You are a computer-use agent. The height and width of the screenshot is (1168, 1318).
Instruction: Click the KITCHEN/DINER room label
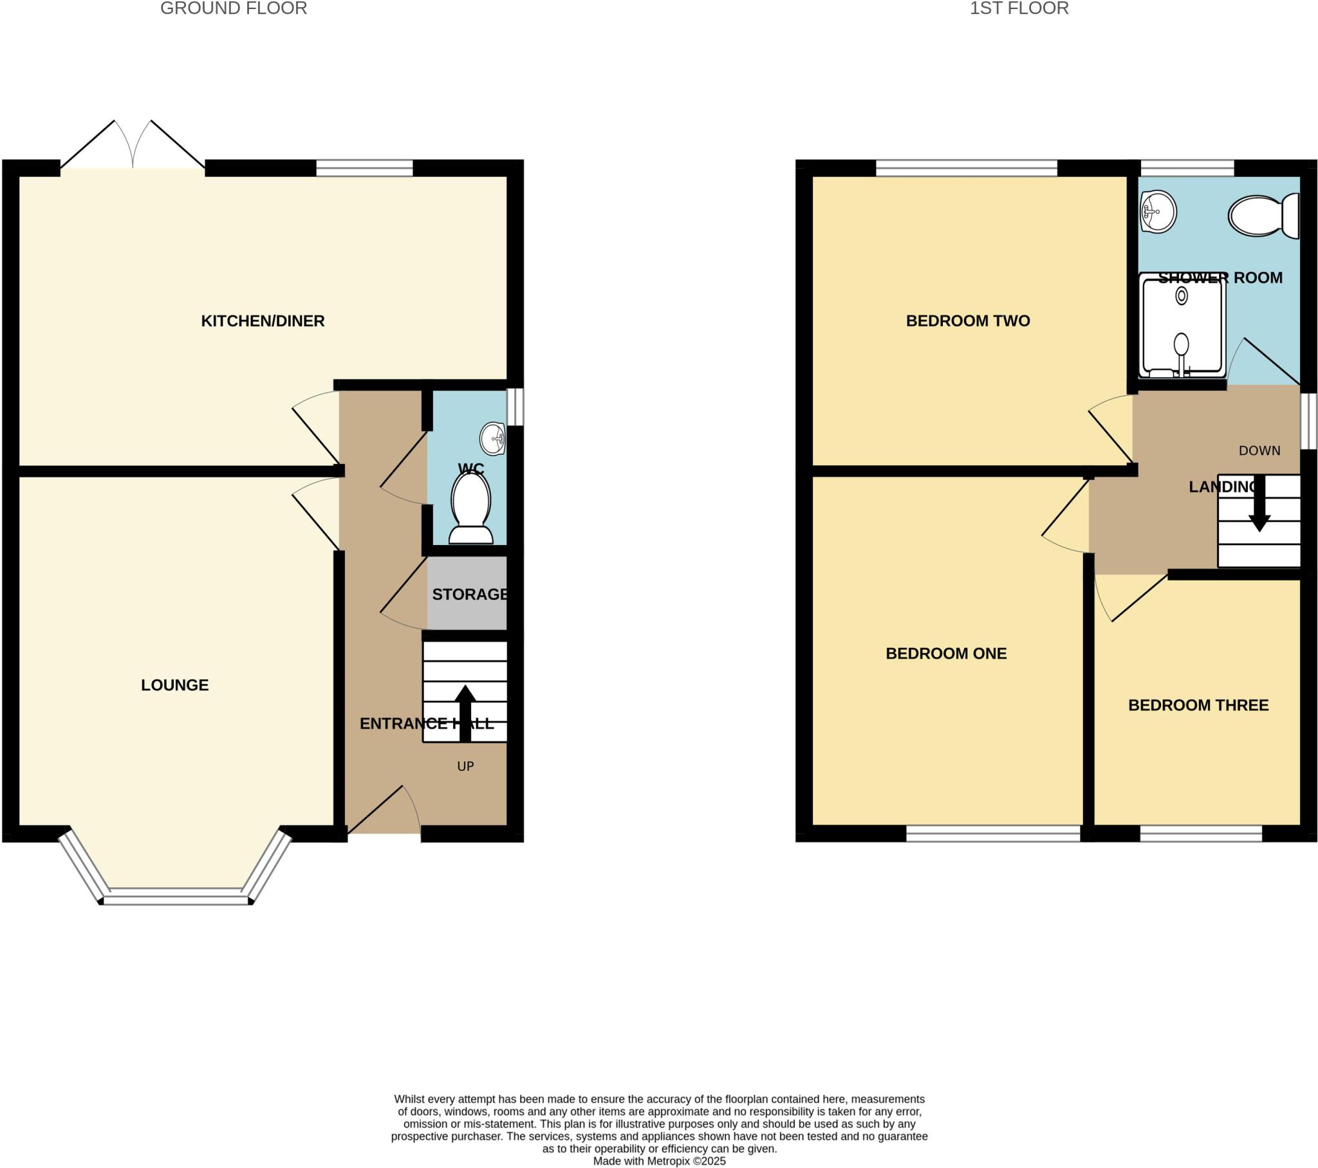tap(263, 320)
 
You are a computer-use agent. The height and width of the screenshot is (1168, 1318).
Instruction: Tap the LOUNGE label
tap(175, 685)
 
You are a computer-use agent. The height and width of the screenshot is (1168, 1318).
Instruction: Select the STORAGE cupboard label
tap(469, 594)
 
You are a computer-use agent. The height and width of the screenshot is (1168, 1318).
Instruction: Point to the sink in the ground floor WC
tap(492, 440)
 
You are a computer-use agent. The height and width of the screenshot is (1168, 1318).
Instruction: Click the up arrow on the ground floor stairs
tap(465, 712)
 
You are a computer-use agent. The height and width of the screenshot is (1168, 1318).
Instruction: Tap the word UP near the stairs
tap(465, 766)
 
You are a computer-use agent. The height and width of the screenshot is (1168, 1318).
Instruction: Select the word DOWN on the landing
tap(1259, 451)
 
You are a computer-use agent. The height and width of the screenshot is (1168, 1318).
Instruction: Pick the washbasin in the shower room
tap(1158, 211)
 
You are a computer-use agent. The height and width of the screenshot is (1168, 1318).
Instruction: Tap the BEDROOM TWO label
tap(967, 320)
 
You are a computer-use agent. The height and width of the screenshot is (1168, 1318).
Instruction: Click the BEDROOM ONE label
tap(946, 653)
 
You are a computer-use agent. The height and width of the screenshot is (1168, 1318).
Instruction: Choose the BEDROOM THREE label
tap(1198, 705)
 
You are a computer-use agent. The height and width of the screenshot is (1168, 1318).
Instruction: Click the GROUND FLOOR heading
tap(234, 8)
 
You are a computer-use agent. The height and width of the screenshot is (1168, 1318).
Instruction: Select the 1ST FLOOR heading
tap(1019, 8)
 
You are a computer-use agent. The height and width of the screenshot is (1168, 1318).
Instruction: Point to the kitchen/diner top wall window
tap(364, 168)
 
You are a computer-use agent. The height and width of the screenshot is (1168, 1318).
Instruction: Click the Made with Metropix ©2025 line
tap(659, 1161)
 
